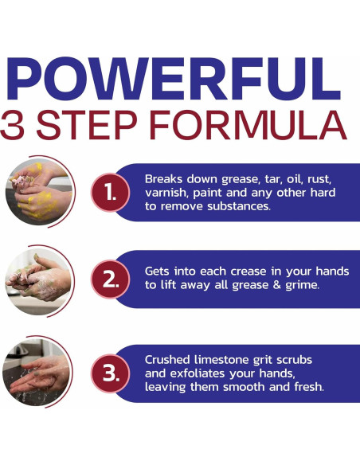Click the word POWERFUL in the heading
point(173,79)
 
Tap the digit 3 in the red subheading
point(12,125)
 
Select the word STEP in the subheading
point(87,125)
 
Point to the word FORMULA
point(248,125)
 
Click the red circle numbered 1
point(110,193)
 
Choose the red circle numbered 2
point(110,279)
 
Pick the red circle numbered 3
point(110,373)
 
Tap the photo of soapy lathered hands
point(38,281)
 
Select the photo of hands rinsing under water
point(36,372)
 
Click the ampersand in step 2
point(276,285)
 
